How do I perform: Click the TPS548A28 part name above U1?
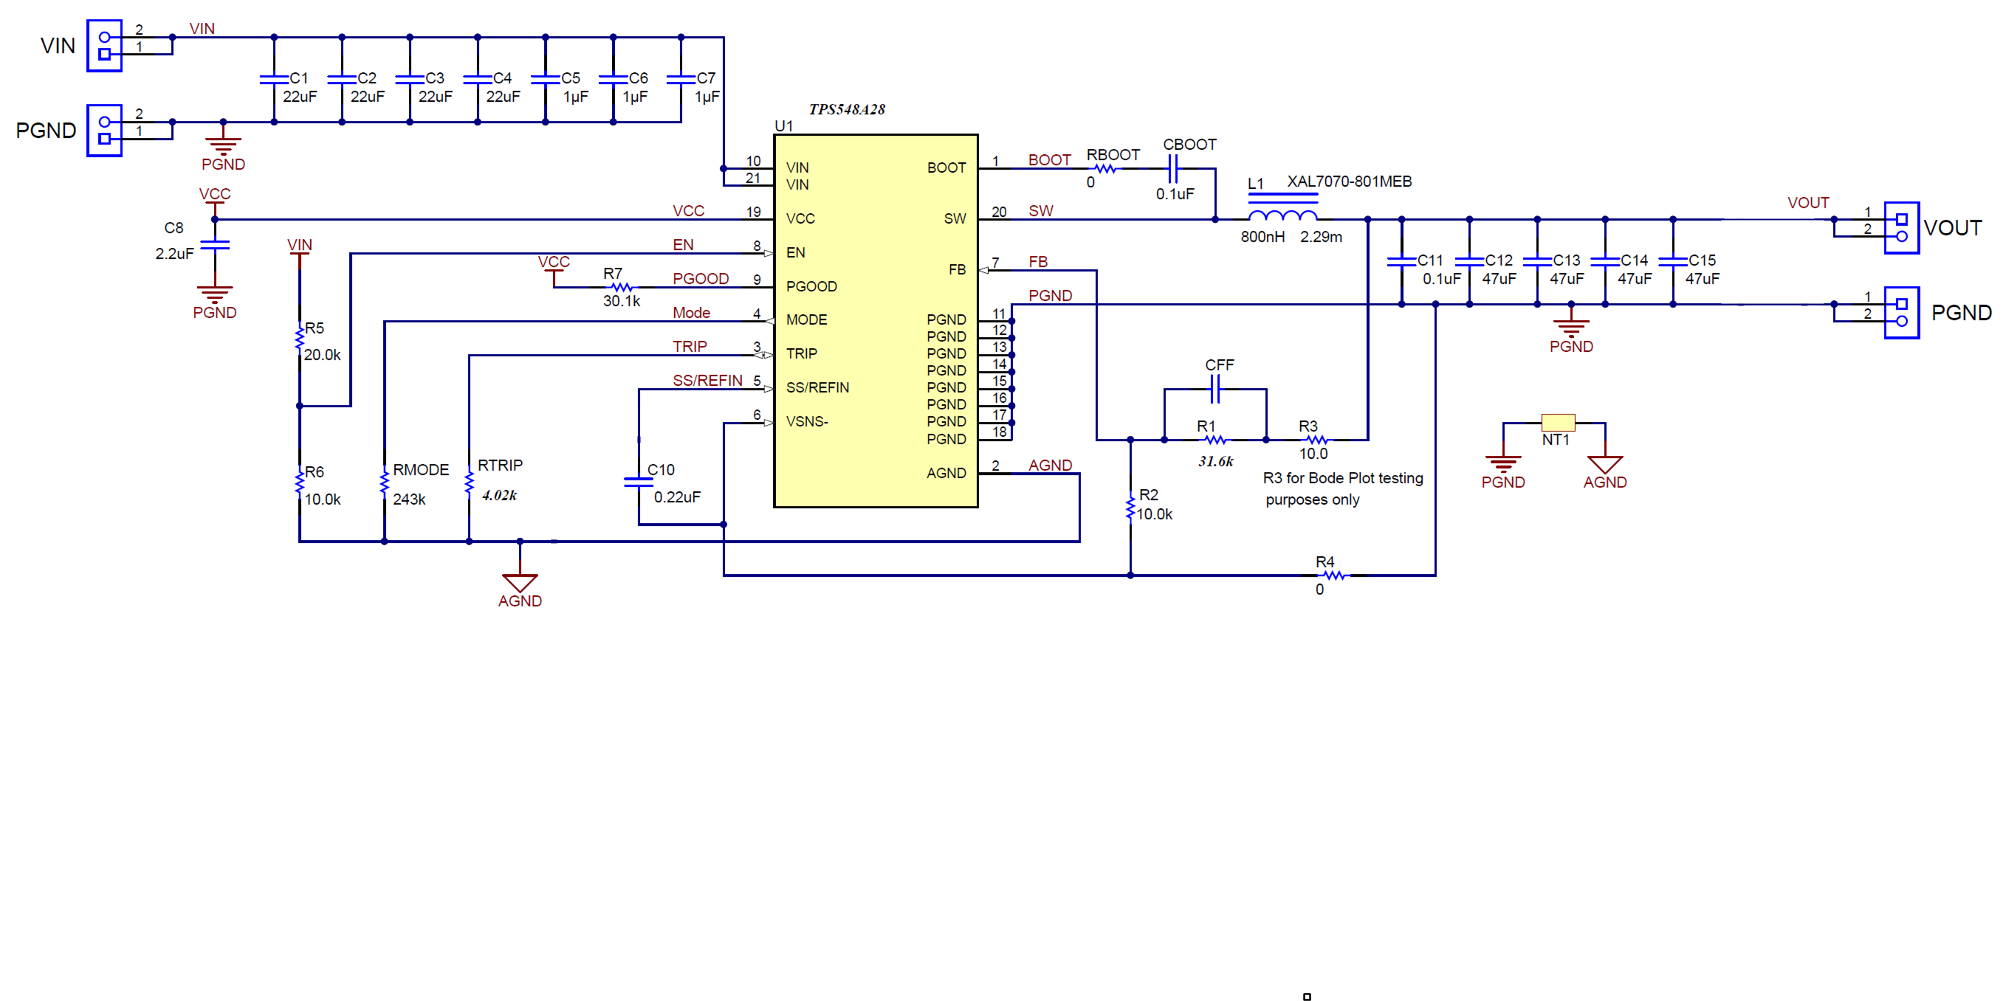(846, 110)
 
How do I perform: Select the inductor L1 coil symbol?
(1282, 215)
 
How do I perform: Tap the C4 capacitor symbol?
(478, 79)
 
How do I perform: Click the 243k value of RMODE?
(409, 499)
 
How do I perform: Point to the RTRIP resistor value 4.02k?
(499, 495)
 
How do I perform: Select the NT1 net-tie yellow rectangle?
(1558, 423)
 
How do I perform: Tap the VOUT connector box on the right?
(1901, 228)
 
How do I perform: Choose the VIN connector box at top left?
(104, 46)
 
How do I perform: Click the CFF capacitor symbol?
(1216, 389)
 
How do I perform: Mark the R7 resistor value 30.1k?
(621, 301)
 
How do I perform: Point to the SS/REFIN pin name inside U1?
(817, 388)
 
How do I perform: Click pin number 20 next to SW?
(998, 212)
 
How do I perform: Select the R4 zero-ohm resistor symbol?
(1334, 575)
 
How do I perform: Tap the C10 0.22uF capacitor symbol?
(639, 482)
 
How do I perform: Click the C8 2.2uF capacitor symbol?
(215, 245)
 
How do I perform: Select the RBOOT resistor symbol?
(1105, 169)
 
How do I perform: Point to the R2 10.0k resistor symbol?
(1130, 508)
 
